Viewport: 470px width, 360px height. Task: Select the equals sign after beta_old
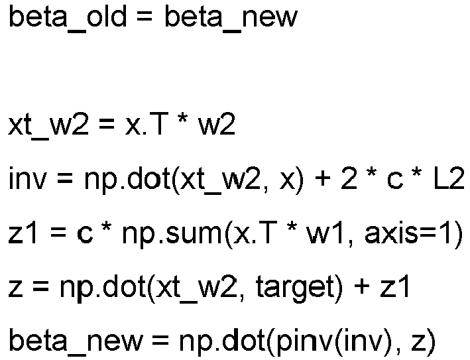pyautogui.click(x=145, y=17)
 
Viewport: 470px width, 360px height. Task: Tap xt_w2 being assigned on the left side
pyautogui.click(x=48, y=126)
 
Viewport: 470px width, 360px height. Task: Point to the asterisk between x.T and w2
pyautogui.click(x=182, y=120)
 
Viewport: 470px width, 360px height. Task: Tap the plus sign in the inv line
pyautogui.click(x=322, y=180)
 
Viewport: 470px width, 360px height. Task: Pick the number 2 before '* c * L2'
pyautogui.click(x=349, y=179)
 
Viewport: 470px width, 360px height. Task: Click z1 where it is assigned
pyautogui.click(x=23, y=233)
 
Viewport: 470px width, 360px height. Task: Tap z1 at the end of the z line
pyautogui.click(x=395, y=287)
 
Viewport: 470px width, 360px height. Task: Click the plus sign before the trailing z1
pyautogui.click(x=361, y=288)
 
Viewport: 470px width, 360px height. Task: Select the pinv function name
pyautogui.click(x=304, y=342)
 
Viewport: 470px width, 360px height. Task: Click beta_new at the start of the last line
pyautogui.click(x=76, y=342)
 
